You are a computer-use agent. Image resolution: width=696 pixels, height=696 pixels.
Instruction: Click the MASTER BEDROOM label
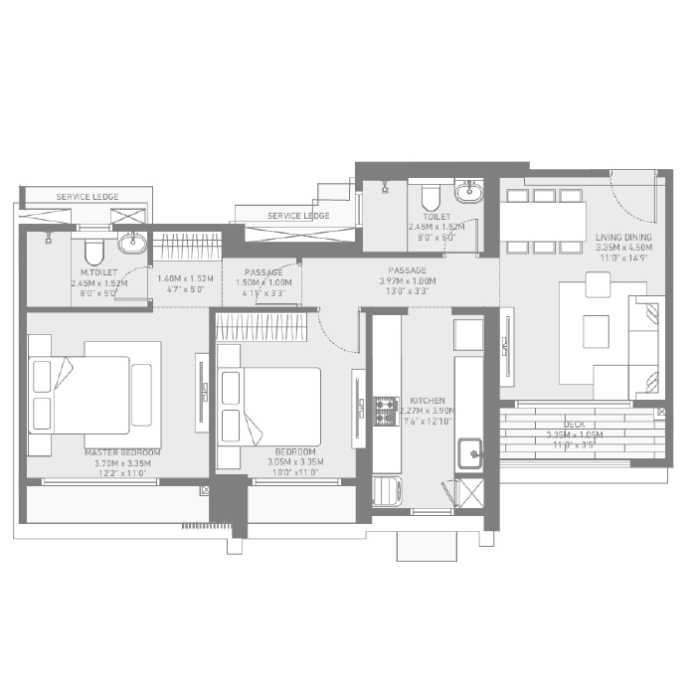pyautogui.click(x=122, y=452)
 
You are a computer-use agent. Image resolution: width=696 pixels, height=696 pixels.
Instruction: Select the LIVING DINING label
pyautogui.click(x=622, y=237)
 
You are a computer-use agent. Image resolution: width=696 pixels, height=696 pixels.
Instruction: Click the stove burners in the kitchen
pyautogui.click(x=385, y=411)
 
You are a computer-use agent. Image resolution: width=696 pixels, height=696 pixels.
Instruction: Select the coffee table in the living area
pyautogui.click(x=596, y=329)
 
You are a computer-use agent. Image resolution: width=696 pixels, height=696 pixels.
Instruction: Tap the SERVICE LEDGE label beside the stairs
pyautogui.click(x=298, y=216)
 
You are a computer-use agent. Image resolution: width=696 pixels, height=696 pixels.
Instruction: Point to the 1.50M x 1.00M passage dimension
pyautogui.click(x=262, y=282)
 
